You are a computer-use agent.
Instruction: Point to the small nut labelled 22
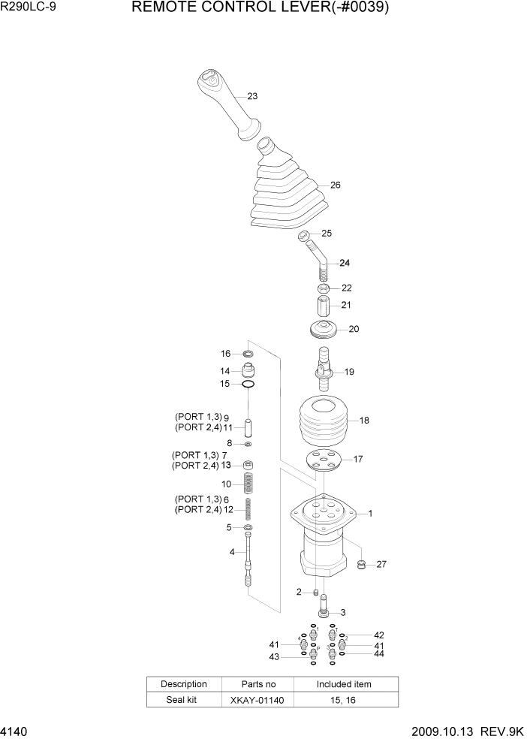point(322,288)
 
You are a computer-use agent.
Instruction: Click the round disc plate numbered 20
point(323,329)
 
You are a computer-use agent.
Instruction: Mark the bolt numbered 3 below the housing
point(324,605)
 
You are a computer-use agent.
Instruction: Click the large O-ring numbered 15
point(247,385)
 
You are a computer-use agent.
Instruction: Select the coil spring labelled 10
point(247,484)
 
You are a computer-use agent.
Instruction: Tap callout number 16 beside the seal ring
point(225,354)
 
